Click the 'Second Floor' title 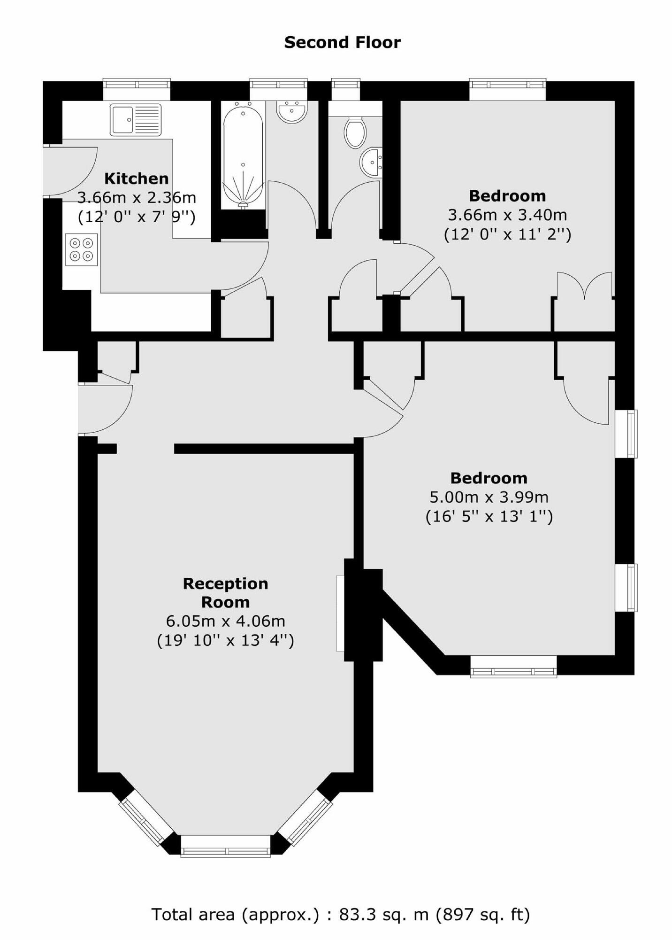click(x=343, y=43)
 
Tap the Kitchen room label click(x=136, y=179)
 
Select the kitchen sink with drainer click(x=136, y=119)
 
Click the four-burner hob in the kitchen click(x=82, y=249)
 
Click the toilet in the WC click(x=355, y=132)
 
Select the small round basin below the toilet click(x=371, y=162)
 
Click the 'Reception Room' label click(x=225, y=593)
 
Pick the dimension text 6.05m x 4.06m click(x=225, y=621)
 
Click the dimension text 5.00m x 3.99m click(x=489, y=497)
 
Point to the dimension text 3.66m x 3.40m click(x=507, y=215)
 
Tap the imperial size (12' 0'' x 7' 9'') click(x=136, y=217)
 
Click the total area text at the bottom click(x=340, y=914)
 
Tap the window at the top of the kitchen click(x=137, y=84)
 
